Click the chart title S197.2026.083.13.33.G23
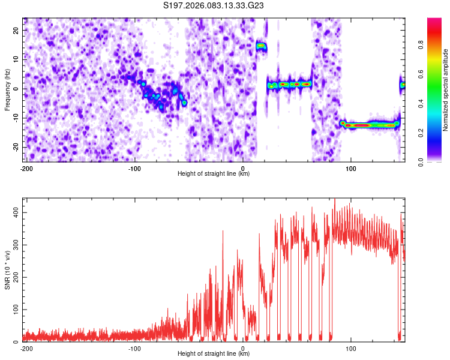point(214,6)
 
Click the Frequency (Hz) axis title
point(7,89)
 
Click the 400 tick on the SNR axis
point(13,213)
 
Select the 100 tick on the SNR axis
point(13,310)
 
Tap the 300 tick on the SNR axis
point(13,245)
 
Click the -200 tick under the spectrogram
point(26,168)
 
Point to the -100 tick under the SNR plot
point(134,348)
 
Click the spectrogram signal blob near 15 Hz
point(261,46)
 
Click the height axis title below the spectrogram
point(214,174)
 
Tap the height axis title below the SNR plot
point(214,354)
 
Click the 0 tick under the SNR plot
point(243,348)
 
